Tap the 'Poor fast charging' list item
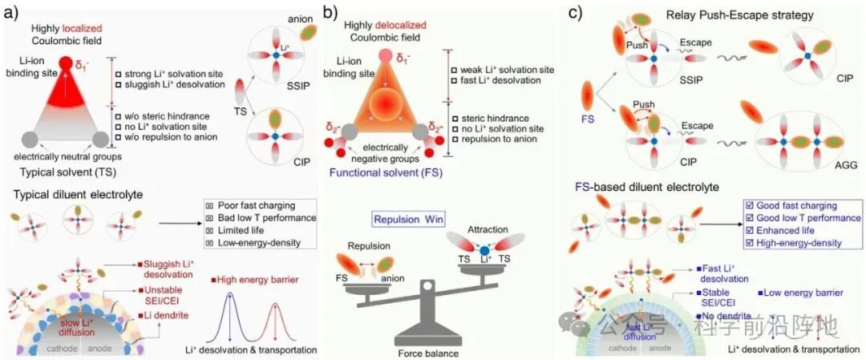254,205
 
